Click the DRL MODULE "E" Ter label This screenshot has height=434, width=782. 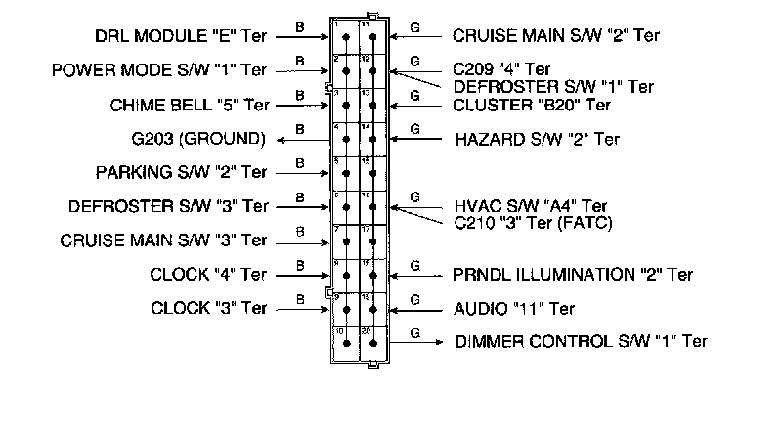click(x=180, y=37)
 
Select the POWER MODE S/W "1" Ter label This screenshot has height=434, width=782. click(x=160, y=71)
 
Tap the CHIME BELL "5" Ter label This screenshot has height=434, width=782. click(x=190, y=105)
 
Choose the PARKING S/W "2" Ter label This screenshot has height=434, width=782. click(x=181, y=173)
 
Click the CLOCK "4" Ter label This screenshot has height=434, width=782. click(x=208, y=275)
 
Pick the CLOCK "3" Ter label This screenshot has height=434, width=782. click(x=208, y=308)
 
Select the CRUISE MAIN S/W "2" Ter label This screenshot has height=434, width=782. click(x=555, y=36)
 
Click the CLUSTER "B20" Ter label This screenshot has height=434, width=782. click(x=532, y=105)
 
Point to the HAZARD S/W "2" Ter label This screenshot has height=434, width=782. click(x=537, y=139)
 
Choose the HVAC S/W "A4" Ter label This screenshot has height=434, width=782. click(x=531, y=206)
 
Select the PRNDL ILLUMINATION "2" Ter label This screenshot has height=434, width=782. click(x=573, y=275)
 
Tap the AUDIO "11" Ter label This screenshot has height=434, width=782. click(x=514, y=309)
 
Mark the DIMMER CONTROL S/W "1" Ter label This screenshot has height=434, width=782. click(x=580, y=342)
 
